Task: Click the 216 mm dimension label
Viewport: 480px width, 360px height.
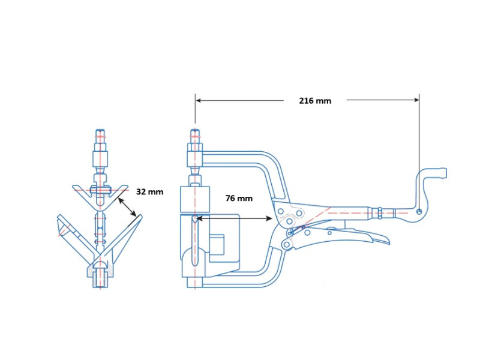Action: coord(315,101)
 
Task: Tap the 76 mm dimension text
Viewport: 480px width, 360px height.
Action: coord(239,198)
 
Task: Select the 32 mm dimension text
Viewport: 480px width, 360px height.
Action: coord(150,192)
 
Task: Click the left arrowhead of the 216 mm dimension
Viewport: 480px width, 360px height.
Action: coord(199,100)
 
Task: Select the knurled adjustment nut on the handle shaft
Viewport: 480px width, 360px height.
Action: coord(379,212)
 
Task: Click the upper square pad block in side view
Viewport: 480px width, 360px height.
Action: coord(195,200)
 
